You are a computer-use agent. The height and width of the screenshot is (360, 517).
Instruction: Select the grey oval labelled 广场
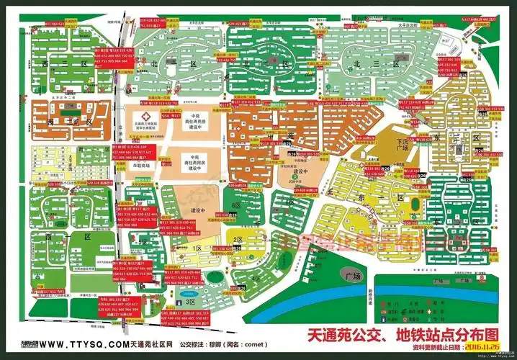[352, 276]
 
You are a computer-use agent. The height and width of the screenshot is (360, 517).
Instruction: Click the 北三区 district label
[367, 64]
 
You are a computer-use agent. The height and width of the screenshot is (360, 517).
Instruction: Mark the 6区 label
[235, 205]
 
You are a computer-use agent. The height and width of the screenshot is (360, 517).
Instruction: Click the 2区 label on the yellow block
[237, 240]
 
